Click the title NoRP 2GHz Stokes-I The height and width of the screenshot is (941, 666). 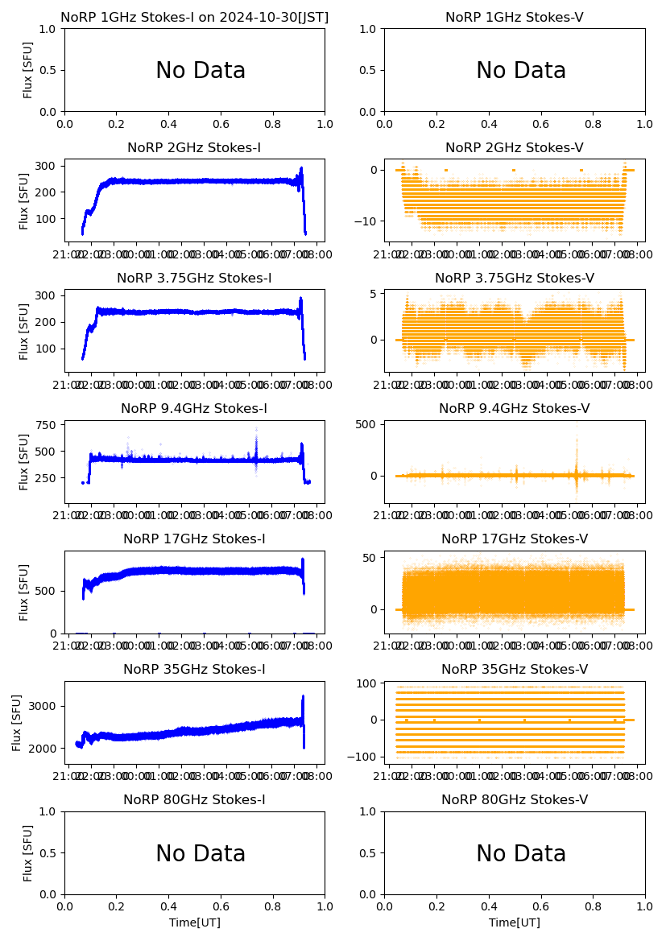click(x=194, y=148)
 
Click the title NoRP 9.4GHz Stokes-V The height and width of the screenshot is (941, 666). click(x=514, y=409)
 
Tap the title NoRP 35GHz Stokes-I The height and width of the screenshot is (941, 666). click(x=194, y=670)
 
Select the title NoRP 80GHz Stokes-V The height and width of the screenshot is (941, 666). click(x=514, y=800)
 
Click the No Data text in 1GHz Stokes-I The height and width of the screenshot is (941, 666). click(x=201, y=71)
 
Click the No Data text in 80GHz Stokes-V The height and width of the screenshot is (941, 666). click(x=521, y=854)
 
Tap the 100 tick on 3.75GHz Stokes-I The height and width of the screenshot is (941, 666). click(x=45, y=349)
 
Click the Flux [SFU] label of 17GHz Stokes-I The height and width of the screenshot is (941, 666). click(x=24, y=592)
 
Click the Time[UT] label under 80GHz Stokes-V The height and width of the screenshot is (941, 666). click(x=514, y=922)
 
